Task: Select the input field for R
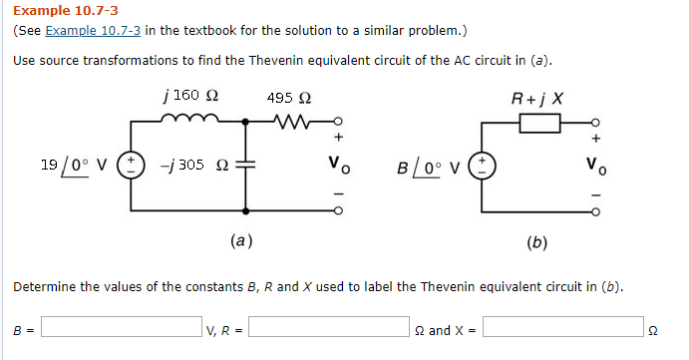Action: pos(331,328)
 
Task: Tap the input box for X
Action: pos(563,328)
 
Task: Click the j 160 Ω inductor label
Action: pos(189,98)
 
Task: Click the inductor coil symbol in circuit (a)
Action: pos(189,122)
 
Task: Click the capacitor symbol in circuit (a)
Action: pos(246,164)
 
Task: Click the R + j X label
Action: pos(537,98)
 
